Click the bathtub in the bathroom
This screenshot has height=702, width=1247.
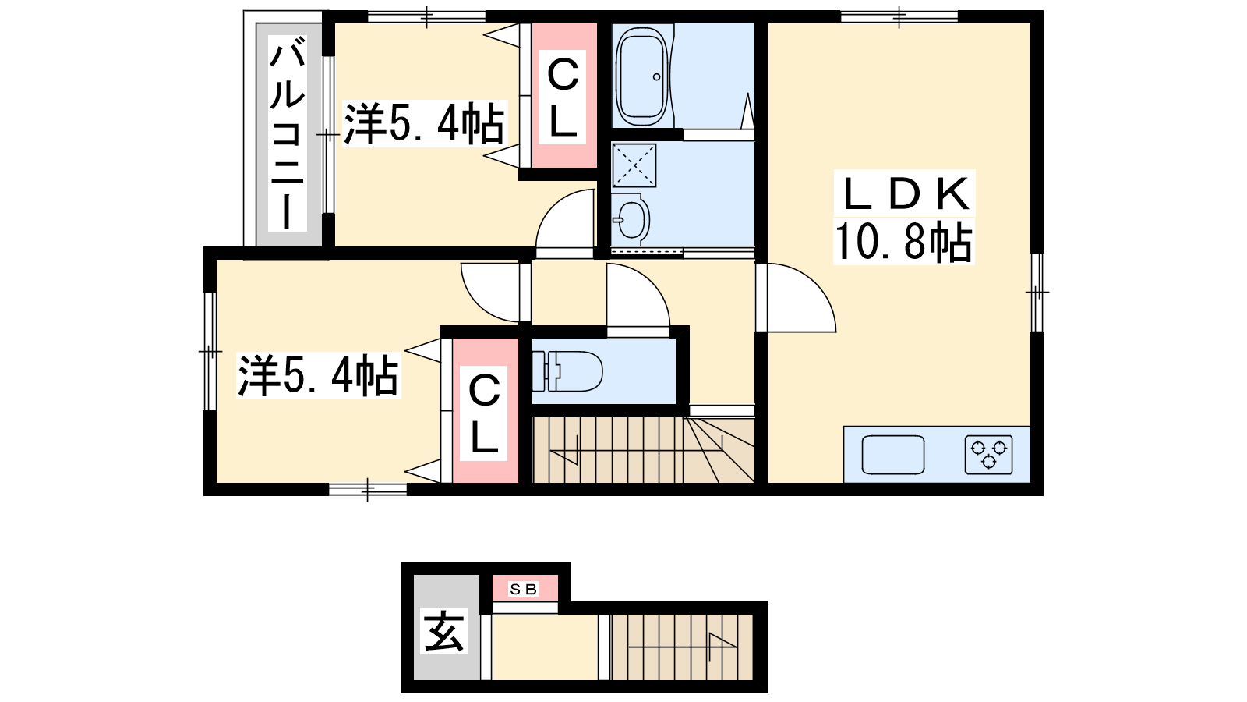click(642, 77)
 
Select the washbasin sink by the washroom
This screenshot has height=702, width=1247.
click(631, 219)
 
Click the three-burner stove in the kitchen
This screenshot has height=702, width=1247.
click(989, 455)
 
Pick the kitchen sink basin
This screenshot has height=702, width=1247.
click(893, 455)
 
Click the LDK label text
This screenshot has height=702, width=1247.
click(906, 193)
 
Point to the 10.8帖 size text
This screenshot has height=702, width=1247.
click(903, 241)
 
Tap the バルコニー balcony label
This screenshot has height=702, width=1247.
click(288, 133)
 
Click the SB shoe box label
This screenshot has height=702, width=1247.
click(523, 589)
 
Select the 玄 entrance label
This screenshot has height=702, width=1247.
click(443, 631)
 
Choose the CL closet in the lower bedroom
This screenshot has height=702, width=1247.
click(484, 413)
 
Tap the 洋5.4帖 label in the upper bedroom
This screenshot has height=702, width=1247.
click(424, 124)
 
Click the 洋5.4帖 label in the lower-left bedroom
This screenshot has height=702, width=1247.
click(318, 375)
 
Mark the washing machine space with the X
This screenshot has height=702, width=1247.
click(634, 165)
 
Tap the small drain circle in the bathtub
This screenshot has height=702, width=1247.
click(657, 77)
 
